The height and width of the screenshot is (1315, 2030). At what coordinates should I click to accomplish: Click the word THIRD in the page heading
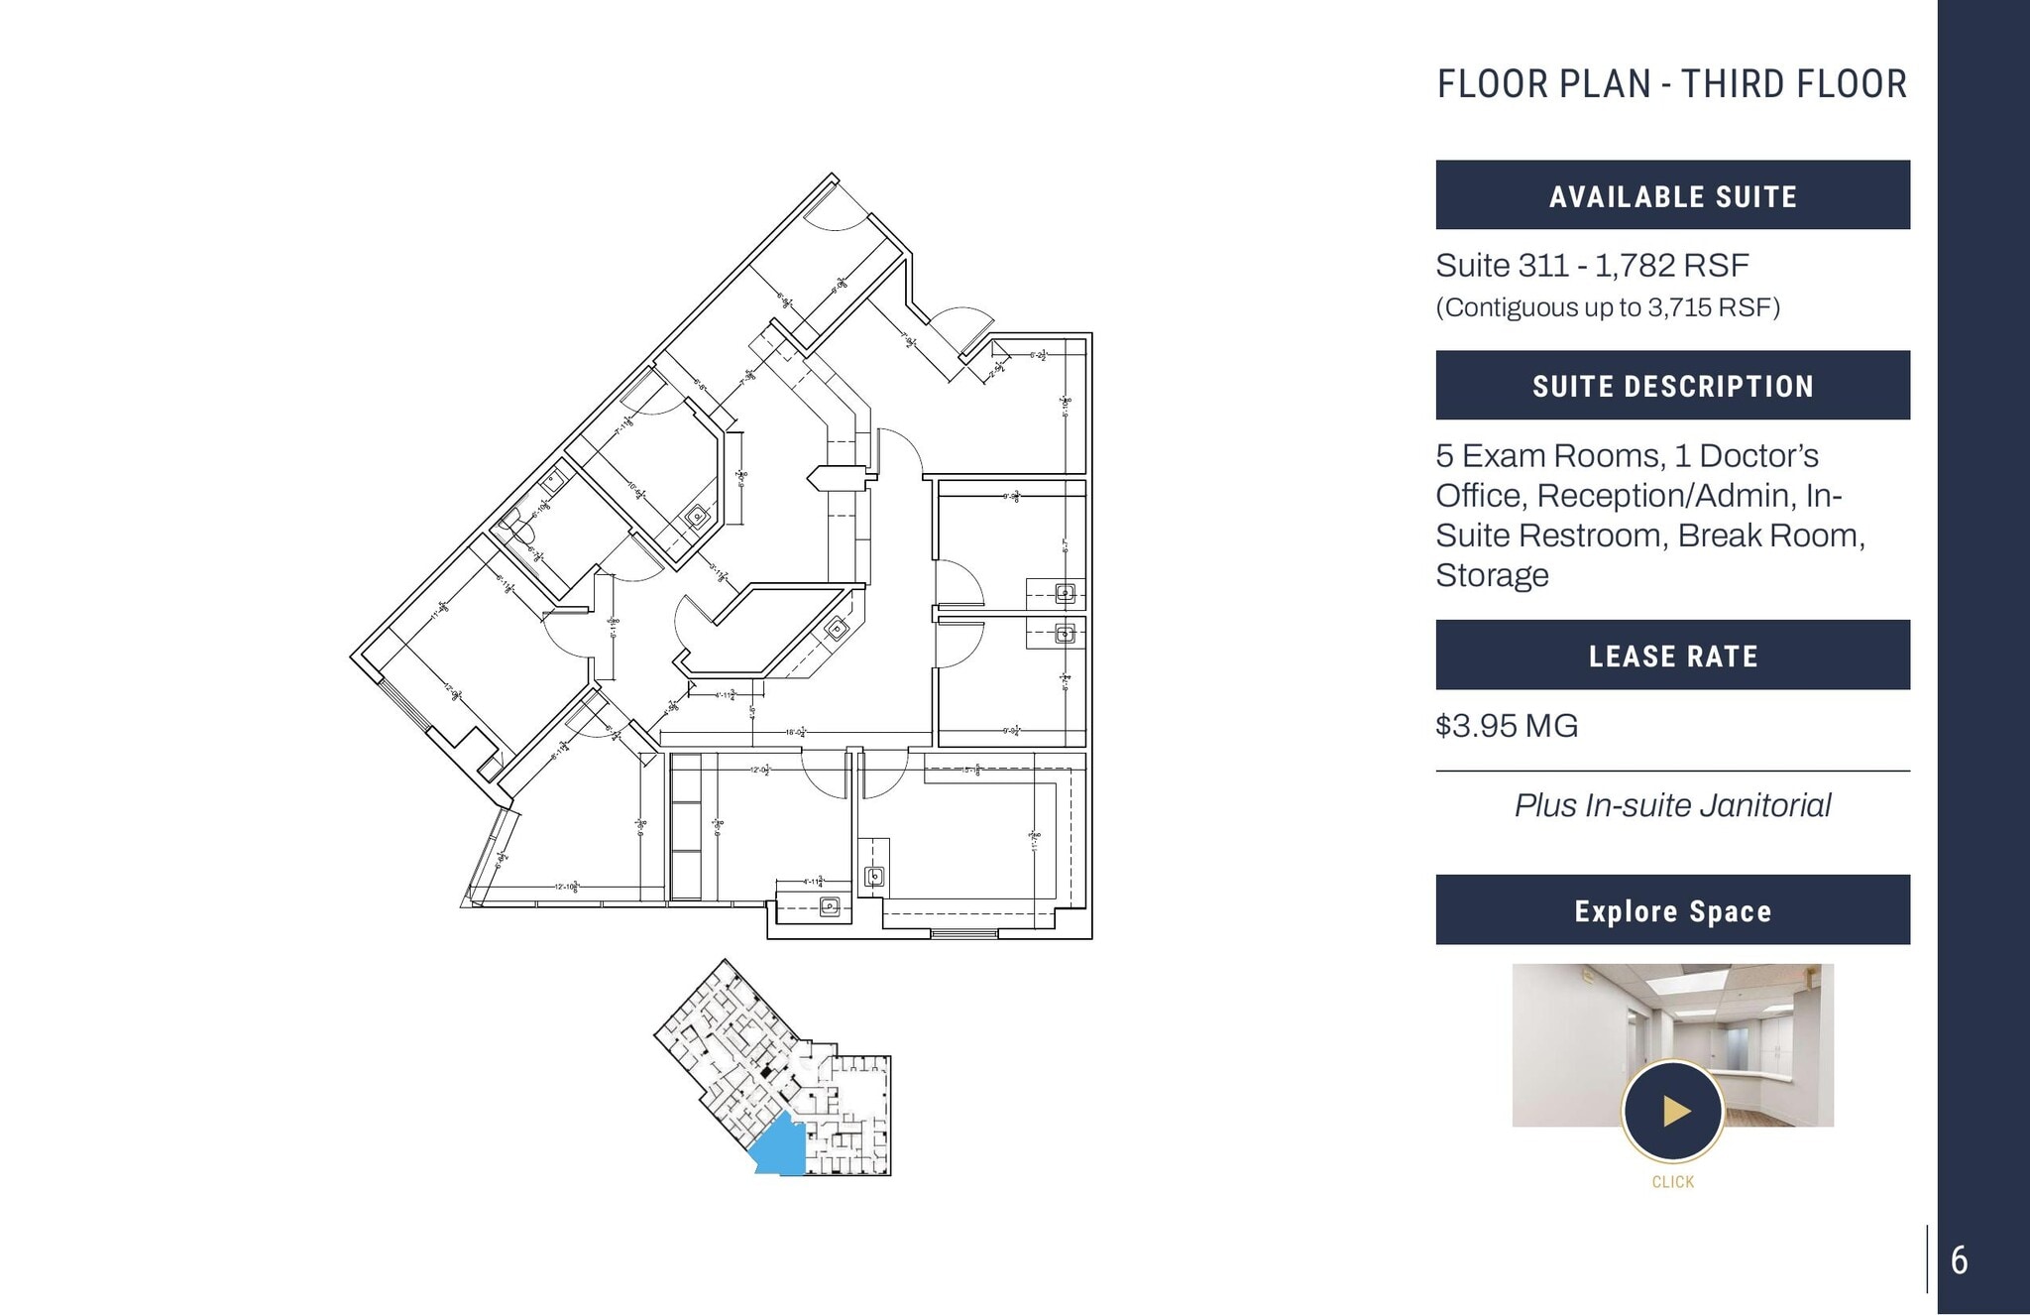click(x=1724, y=84)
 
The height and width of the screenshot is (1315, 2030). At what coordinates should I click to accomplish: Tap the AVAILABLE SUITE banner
click(x=1672, y=195)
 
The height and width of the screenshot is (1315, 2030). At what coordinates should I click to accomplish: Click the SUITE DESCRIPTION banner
click(x=1672, y=386)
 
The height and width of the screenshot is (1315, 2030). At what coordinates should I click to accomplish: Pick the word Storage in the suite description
click(x=1492, y=575)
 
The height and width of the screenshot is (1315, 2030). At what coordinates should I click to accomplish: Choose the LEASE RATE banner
click(x=1672, y=656)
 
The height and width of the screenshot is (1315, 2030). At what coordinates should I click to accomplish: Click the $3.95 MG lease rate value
click(x=1507, y=726)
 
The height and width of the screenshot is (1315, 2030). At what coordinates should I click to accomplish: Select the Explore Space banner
click(x=1672, y=910)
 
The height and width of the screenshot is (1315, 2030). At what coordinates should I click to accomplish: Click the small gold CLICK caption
click(x=1672, y=1182)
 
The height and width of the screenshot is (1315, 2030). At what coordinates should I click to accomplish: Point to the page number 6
click(x=1959, y=1260)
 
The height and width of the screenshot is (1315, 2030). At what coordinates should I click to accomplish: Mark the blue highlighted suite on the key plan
click(x=778, y=1148)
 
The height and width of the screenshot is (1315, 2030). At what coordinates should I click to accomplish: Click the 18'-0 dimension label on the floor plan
click(x=795, y=732)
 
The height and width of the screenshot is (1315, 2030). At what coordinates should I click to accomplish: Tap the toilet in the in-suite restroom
click(x=510, y=519)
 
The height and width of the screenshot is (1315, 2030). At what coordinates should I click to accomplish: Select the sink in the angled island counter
click(x=837, y=628)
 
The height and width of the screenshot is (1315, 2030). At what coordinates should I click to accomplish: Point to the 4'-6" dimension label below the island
click(x=752, y=711)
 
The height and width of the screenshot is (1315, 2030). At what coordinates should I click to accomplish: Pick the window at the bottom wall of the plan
click(x=963, y=933)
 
